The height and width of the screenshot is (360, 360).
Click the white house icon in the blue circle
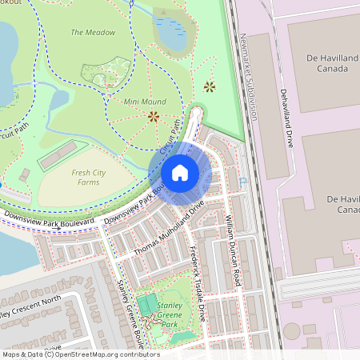point(180,173)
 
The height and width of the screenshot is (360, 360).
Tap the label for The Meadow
point(93,33)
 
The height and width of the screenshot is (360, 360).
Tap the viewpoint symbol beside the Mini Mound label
point(153,116)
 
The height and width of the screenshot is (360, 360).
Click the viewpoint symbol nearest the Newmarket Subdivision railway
point(210,86)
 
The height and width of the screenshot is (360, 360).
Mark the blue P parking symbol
point(242,182)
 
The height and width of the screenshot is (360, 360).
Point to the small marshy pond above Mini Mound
point(171,34)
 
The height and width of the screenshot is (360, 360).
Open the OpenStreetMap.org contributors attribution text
point(93,354)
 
